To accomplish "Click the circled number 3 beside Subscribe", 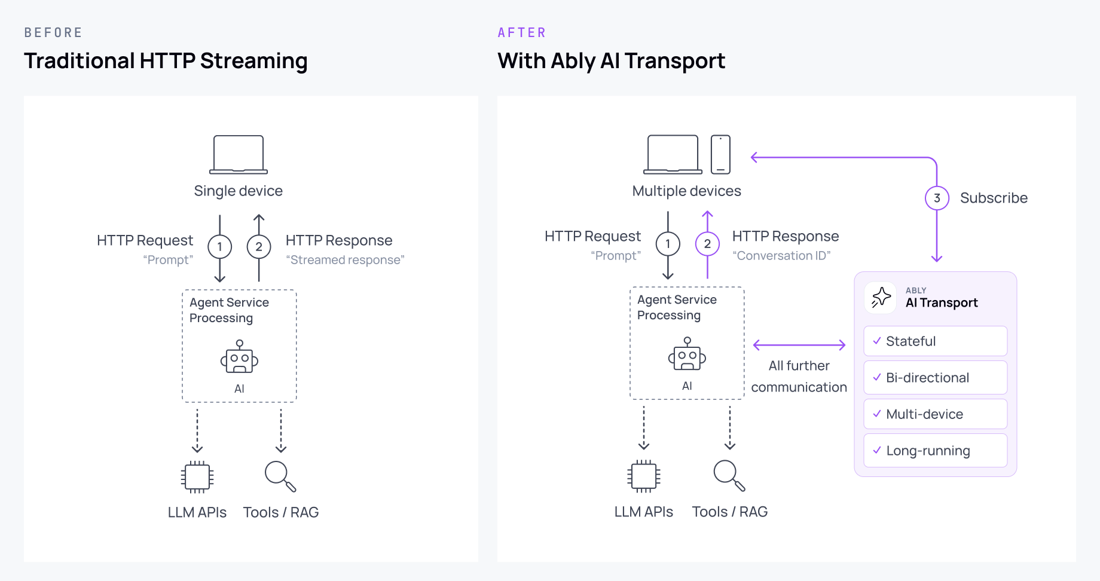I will pyautogui.click(x=937, y=198).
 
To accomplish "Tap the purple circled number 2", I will pyautogui.click(x=707, y=244).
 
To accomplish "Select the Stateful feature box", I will pyautogui.click(x=935, y=341).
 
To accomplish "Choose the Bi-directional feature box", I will pyautogui.click(x=935, y=378).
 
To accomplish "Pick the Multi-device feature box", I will pyautogui.click(x=935, y=414).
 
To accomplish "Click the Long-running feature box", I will pyautogui.click(x=935, y=451).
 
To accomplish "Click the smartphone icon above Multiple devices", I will pyautogui.click(x=720, y=154).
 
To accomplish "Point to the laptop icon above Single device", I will pyautogui.click(x=239, y=154).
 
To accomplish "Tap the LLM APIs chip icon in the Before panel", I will pyautogui.click(x=197, y=476).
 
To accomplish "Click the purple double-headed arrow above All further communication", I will pyautogui.click(x=799, y=345).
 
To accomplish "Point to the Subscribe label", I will pyautogui.click(x=994, y=198).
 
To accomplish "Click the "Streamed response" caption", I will pyautogui.click(x=345, y=260).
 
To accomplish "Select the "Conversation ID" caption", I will pyautogui.click(x=781, y=256).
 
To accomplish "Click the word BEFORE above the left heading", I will pyautogui.click(x=53, y=33).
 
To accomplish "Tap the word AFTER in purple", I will pyautogui.click(x=522, y=33).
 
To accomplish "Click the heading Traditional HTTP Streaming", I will pyautogui.click(x=166, y=61).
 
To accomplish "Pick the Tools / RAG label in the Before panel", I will pyautogui.click(x=281, y=512).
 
